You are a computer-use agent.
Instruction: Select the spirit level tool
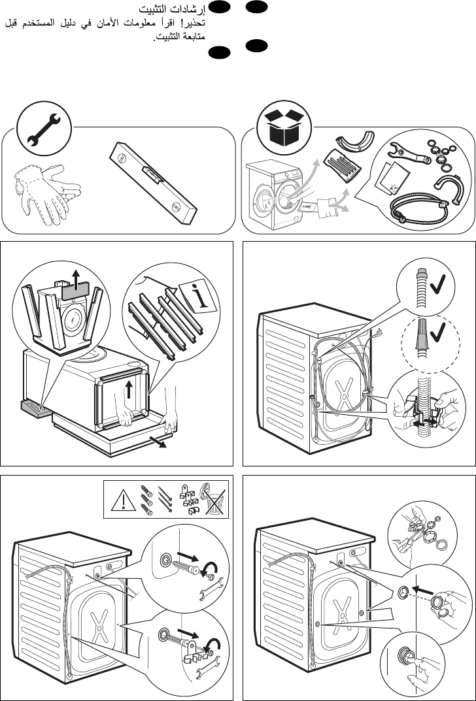click(x=153, y=183)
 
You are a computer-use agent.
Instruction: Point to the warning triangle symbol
click(x=124, y=500)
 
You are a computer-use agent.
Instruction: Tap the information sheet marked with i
click(x=197, y=297)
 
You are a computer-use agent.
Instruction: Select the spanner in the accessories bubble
click(x=409, y=153)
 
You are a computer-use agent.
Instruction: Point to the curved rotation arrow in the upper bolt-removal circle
click(x=210, y=568)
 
